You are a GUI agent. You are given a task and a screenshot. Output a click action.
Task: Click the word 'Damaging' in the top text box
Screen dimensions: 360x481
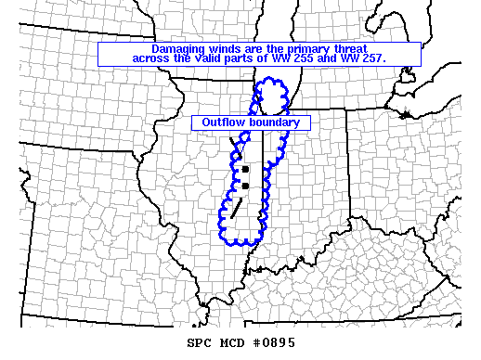178,48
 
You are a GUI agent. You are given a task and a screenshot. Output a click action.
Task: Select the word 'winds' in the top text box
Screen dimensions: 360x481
227,48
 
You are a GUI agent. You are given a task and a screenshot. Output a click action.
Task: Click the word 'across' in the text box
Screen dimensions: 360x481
153,58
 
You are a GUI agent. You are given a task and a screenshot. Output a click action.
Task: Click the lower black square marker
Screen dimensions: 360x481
245,186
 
